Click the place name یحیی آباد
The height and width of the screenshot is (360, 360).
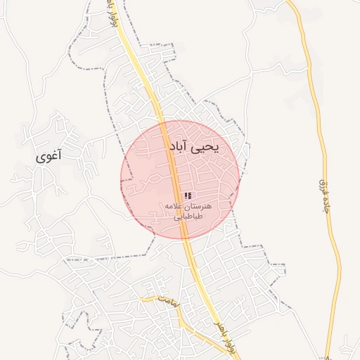pos(193,147)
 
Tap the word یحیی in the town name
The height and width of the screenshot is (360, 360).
pos(205,147)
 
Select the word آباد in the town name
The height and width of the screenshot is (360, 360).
pos(179,147)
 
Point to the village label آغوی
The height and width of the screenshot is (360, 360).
pos(48,156)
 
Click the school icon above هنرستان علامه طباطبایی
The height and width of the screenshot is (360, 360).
pos(187,195)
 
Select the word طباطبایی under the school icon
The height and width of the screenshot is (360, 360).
pos(188,217)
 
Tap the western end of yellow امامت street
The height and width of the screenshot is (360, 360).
pos(141,298)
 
